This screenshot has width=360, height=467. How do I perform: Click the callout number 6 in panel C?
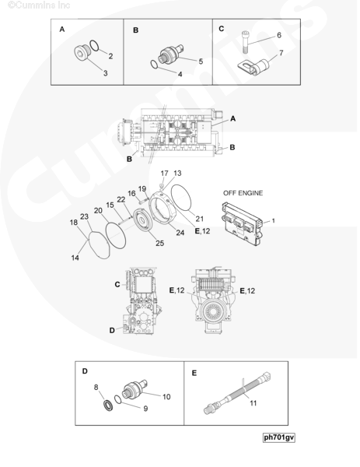click(279, 35)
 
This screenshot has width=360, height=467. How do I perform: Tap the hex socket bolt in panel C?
click(245, 42)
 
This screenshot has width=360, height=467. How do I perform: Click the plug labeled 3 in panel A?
click(81, 54)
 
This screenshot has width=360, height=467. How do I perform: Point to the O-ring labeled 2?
click(94, 46)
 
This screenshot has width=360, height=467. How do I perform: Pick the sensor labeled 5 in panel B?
click(171, 54)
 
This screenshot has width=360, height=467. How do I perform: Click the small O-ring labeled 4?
click(154, 64)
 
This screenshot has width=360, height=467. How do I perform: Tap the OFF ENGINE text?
click(243, 193)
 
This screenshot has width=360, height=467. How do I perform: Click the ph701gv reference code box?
click(279, 437)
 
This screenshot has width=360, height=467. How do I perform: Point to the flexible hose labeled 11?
click(238, 392)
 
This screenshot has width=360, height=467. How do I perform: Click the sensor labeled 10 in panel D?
click(135, 390)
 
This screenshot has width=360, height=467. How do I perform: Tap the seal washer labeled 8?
click(108, 406)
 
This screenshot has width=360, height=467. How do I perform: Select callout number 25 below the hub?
click(159, 243)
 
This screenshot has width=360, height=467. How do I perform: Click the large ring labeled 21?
click(180, 198)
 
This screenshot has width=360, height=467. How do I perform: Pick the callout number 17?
click(164, 174)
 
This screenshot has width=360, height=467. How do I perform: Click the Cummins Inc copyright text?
click(39, 5)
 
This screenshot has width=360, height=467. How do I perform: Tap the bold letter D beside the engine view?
click(112, 330)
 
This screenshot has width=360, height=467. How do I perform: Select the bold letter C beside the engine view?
click(117, 284)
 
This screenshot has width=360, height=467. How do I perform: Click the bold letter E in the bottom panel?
click(194, 373)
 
